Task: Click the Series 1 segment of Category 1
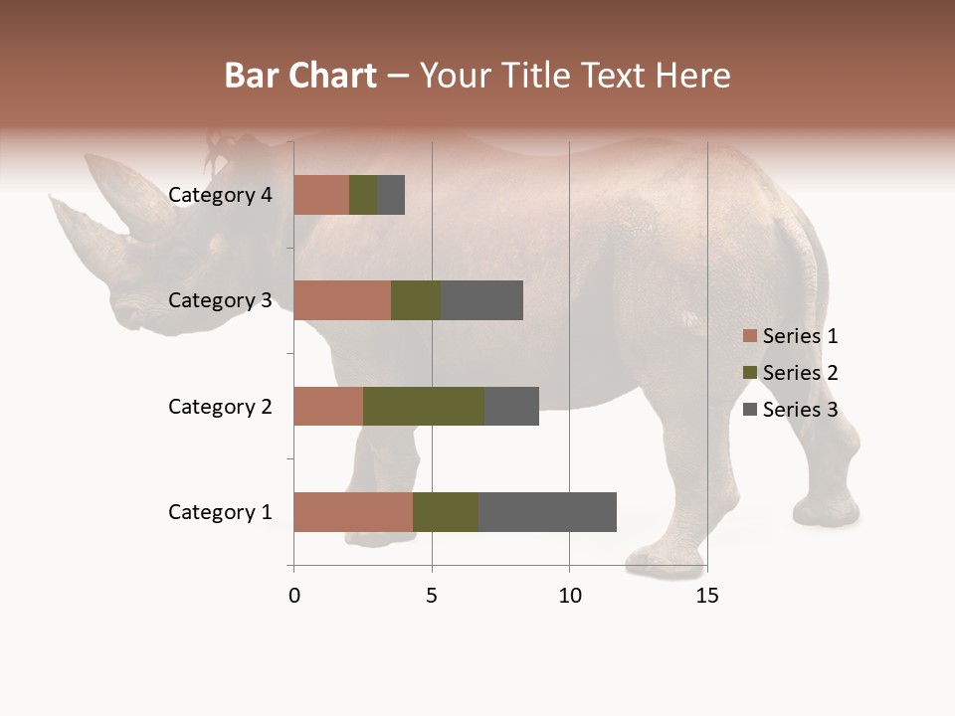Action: click(353, 512)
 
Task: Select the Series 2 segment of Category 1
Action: click(446, 512)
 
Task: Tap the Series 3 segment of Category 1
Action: click(547, 512)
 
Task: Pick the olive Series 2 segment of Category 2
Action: click(424, 406)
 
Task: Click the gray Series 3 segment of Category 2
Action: click(511, 406)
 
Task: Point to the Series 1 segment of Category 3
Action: click(342, 300)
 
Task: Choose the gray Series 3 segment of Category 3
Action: click(481, 300)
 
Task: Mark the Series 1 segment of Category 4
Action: click(321, 195)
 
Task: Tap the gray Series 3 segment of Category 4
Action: click(391, 195)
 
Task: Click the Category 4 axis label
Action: click(220, 195)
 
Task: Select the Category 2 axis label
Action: click(220, 406)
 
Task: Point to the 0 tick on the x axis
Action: click(293, 596)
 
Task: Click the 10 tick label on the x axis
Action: click(569, 596)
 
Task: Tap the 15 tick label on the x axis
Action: click(706, 596)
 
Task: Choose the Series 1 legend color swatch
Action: click(749, 336)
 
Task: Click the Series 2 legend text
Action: click(800, 373)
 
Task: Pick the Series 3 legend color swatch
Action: click(749, 410)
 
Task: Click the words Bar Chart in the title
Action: click(300, 76)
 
